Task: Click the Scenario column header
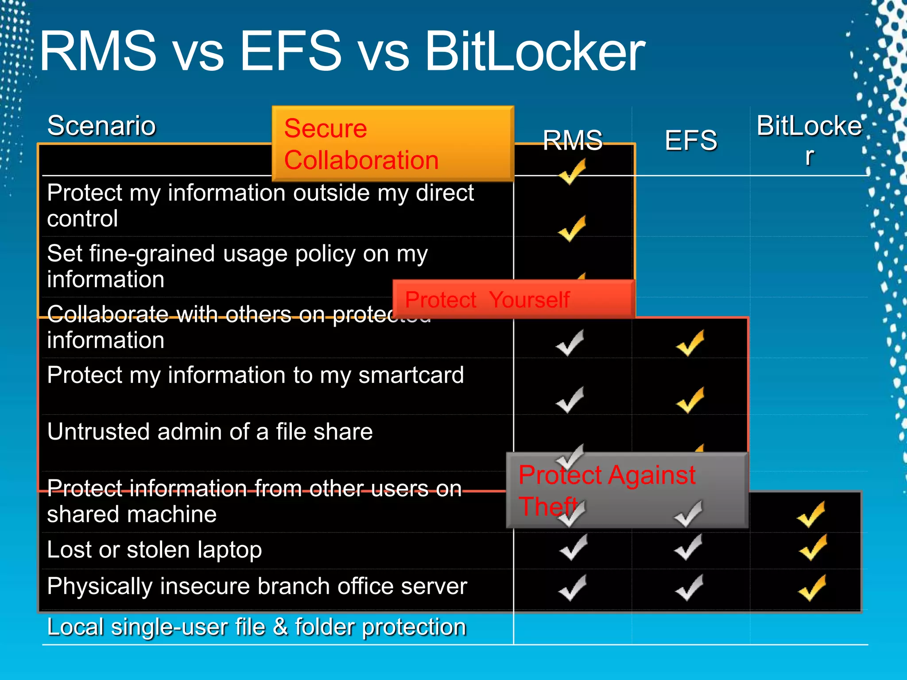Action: [101, 126]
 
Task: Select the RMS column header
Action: [573, 140]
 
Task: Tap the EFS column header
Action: [691, 140]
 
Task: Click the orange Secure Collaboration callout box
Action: [392, 143]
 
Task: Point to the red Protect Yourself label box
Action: [514, 299]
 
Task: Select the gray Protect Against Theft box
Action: [627, 490]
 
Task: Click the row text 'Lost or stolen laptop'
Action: [154, 550]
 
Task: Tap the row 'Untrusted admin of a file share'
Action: [209, 432]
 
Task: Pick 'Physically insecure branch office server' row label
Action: [257, 587]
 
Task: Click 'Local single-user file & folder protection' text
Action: [257, 627]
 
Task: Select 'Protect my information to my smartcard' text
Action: [256, 375]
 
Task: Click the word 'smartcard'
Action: [411, 375]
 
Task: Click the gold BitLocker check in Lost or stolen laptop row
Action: [813, 548]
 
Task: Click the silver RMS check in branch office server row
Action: [573, 588]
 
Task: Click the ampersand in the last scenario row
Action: [280, 627]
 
